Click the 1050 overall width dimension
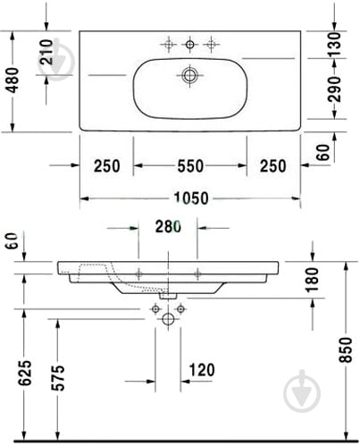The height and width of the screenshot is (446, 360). [188, 198]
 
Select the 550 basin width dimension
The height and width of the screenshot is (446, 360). [188, 165]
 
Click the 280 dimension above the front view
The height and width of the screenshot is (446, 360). [169, 227]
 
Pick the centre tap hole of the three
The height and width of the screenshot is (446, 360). [189, 45]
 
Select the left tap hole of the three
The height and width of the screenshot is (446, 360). [167, 45]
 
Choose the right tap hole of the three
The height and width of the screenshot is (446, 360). [212, 45]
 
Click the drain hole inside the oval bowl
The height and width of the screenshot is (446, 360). [189, 76]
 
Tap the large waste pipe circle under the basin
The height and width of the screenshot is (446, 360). [167, 319]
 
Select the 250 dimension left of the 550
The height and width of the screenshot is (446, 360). [107, 165]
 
